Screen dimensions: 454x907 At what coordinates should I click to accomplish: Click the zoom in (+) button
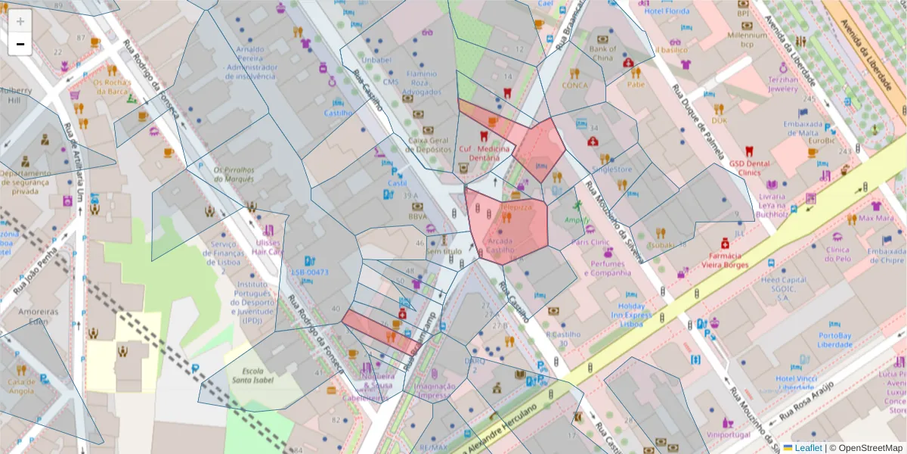click(20, 21)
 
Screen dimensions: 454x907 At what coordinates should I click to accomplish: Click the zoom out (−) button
click(20, 44)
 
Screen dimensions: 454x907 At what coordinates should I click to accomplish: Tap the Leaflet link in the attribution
click(807, 448)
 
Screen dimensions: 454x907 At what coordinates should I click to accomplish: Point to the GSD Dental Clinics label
click(750, 167)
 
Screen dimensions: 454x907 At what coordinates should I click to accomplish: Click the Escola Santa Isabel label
click(252, 376)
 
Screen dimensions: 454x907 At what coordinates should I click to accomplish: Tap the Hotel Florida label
click(667, 12)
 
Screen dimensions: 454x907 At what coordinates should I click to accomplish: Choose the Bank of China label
click(602, 53)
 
